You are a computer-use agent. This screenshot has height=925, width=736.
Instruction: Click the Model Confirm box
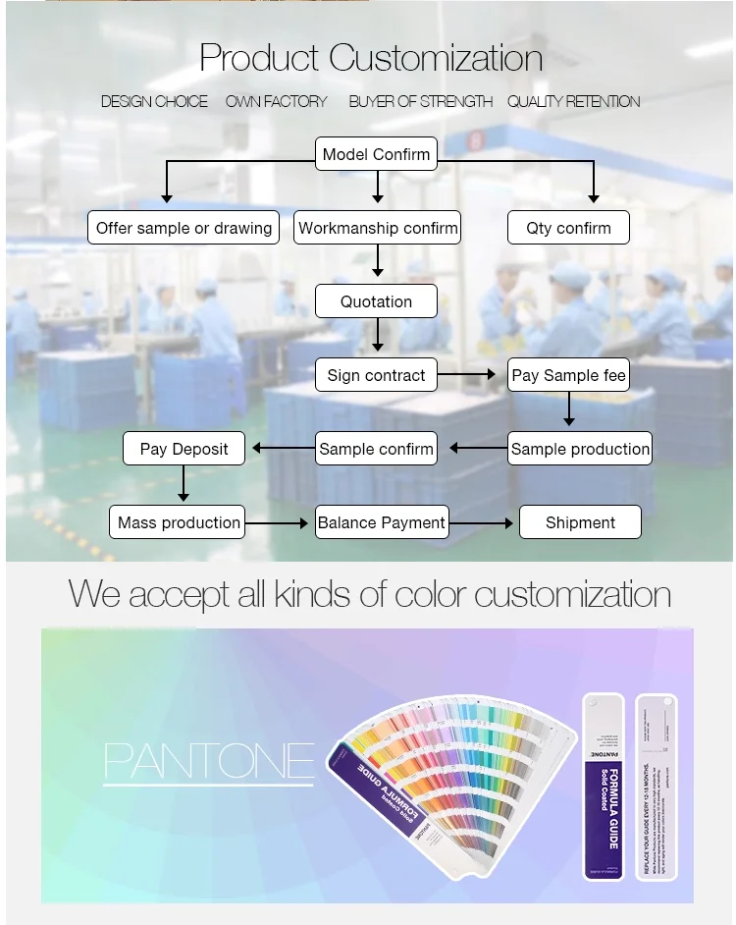376,154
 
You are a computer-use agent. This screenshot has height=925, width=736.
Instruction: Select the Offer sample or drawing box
184,228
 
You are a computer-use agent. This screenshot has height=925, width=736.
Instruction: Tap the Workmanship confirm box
378,228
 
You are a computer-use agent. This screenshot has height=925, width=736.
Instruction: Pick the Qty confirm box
568,228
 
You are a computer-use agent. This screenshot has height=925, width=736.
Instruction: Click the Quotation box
376,301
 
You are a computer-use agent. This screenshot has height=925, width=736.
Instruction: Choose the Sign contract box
376,375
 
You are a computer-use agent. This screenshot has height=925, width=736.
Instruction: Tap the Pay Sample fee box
568,375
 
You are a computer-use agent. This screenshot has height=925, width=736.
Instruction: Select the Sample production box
580,449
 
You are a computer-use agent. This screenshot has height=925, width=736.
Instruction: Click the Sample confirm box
376,449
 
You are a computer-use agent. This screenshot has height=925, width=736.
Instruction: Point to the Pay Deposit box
184,449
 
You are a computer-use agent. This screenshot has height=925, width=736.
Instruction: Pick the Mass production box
179,522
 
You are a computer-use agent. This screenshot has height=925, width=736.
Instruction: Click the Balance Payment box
382,522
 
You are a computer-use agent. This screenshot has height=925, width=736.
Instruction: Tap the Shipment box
580,522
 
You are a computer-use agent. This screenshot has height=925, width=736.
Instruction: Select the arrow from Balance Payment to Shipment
482,523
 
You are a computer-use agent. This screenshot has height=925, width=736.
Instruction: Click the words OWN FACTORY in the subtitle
277,101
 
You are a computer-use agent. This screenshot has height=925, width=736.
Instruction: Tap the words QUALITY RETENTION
573,101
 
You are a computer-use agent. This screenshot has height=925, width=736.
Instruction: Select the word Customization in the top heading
436,58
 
